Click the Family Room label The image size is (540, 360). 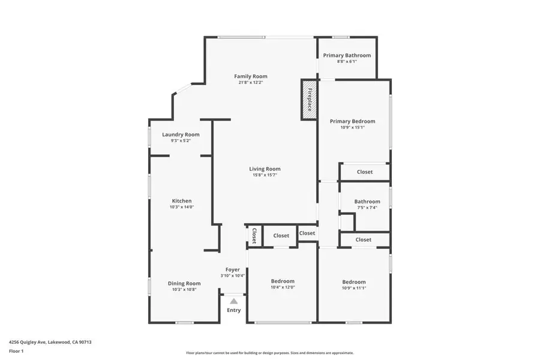(x=251, y=76)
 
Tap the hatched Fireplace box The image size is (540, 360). (x=309, y=100)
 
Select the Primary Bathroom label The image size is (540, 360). (x=347, y=55)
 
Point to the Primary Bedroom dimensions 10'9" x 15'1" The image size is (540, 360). (x=352, y=127)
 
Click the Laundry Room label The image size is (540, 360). (x=181, y=134)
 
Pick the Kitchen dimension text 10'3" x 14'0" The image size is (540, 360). (x=182, y=207)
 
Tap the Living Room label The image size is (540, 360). (x=265, y=169)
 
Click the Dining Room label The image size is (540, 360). (x=184, y=283)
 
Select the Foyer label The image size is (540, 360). (x=233, y=269)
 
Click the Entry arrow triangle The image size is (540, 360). (x=234, y=301)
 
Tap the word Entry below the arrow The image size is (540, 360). (x=234, y=310)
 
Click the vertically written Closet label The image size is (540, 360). (x=254, y=236)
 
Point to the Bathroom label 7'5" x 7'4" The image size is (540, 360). (x=367, y=202)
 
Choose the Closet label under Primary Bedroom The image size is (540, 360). (x=365, y=172)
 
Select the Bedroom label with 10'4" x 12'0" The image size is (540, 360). (x=283, y=281)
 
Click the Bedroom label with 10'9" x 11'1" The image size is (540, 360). (x=354, y=282)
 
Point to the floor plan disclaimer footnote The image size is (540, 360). (x=270, y=353)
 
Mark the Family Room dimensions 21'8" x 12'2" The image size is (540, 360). (x=251, y=82)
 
